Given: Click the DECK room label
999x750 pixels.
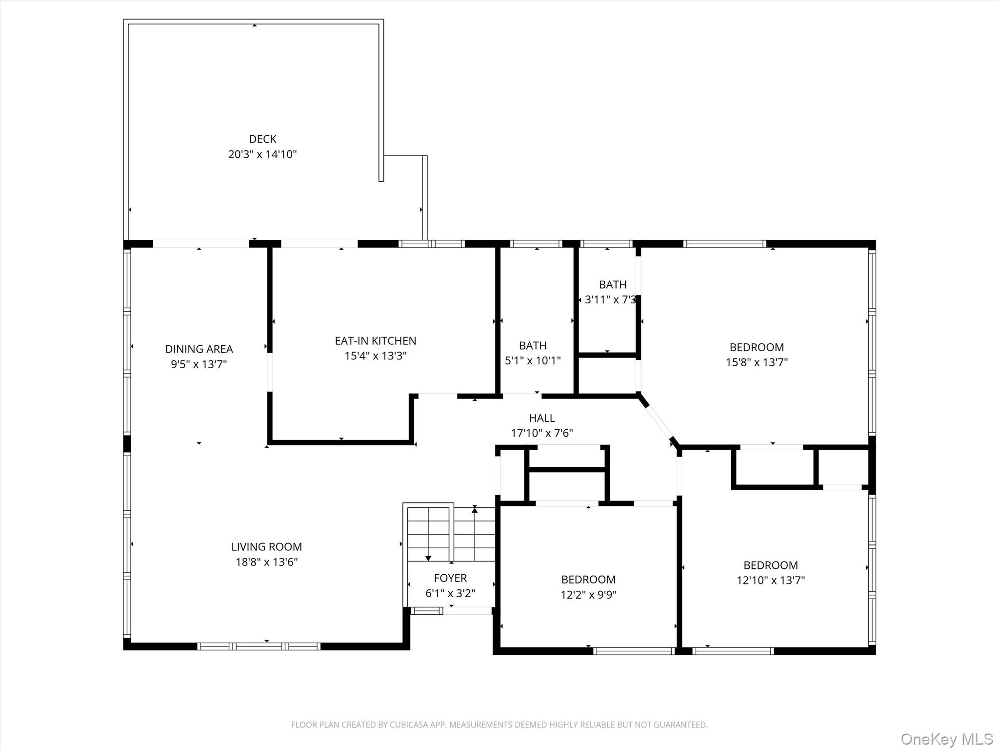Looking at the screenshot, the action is (262, 139).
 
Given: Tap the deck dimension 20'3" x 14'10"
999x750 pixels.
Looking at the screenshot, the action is (262, 154).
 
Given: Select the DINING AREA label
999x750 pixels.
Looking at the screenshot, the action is (199, 349).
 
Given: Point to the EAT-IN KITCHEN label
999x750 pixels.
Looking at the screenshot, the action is (376, 341).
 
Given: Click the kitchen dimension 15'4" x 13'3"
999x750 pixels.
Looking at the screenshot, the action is (376, 356).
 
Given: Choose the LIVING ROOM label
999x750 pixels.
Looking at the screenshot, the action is (266, 547).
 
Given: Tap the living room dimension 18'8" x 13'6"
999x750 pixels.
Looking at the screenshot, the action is (266, 562).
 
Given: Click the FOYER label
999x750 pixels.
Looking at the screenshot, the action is (450, 578).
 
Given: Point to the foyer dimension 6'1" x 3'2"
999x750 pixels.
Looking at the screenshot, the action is (450, 593).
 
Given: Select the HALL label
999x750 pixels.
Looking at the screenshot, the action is (542, 418).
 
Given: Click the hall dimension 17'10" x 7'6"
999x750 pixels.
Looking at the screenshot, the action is (542, 433).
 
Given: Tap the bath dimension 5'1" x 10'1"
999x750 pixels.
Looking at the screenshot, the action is (533, 361).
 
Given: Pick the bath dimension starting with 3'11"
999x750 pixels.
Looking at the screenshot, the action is (610, 300).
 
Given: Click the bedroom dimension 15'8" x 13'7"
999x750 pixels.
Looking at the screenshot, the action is (757, 362).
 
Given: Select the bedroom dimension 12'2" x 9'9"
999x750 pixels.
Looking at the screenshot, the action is (588, 595).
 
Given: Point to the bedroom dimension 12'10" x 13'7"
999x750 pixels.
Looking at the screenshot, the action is (771, 580).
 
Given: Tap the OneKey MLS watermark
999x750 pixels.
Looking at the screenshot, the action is (947, 739).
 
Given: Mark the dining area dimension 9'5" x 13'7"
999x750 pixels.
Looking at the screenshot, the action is (199, 364).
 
